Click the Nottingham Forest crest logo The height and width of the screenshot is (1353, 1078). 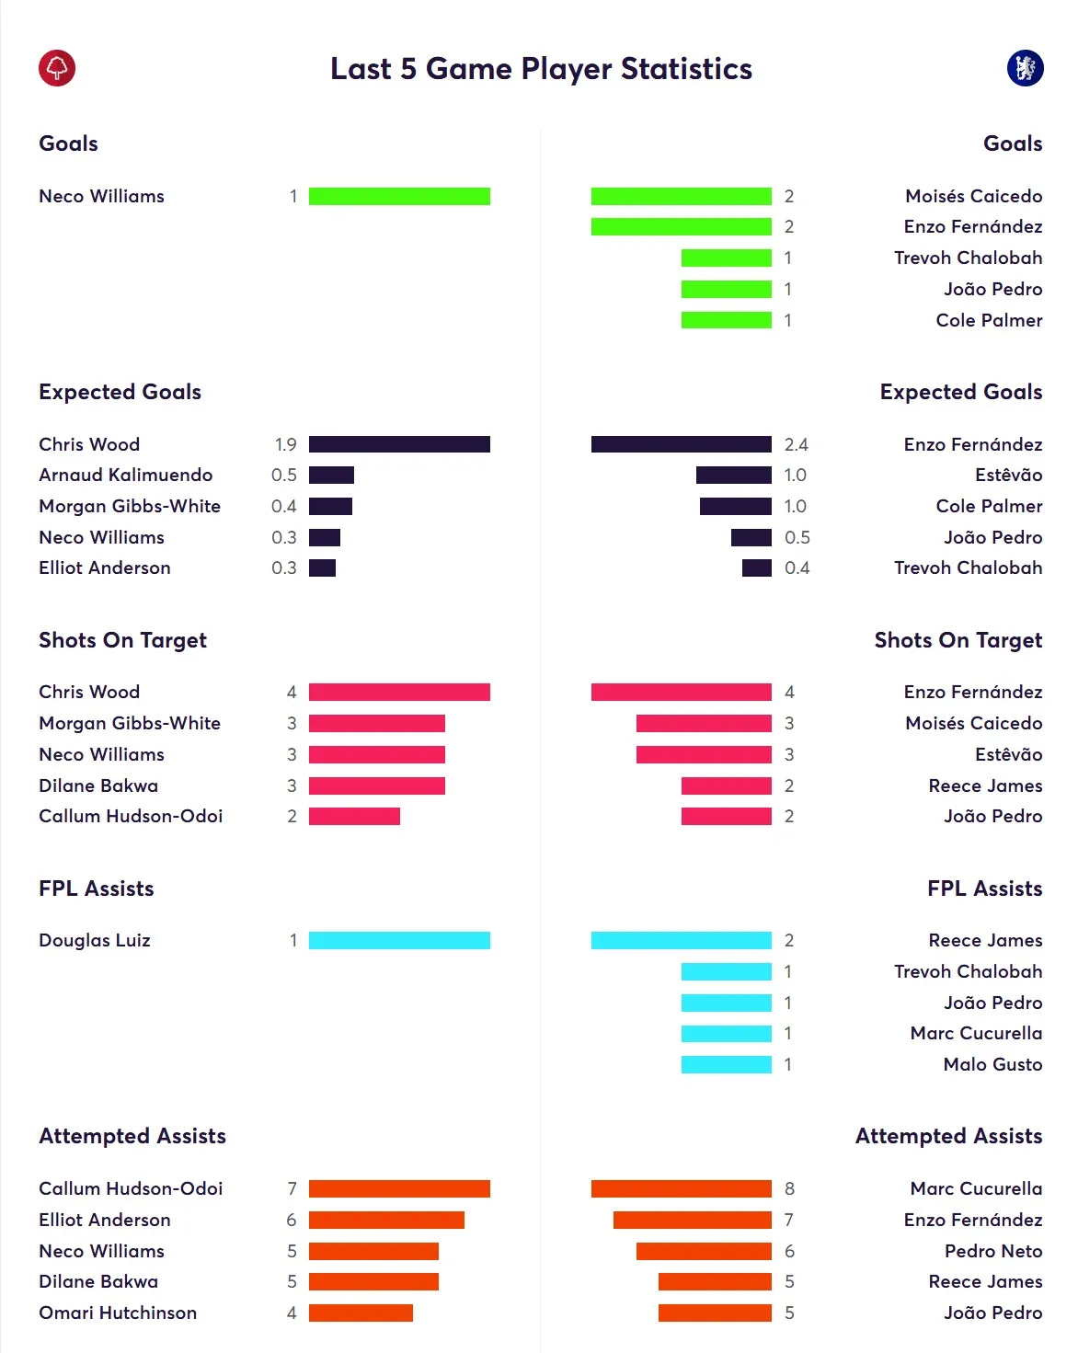pos(57,68)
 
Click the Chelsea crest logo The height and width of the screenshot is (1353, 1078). pos(1025,68)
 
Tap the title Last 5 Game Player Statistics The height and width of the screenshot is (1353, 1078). pos(541,69)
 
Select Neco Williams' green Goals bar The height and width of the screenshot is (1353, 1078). pos(399,196)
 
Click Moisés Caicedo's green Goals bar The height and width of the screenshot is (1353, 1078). pos(681,196)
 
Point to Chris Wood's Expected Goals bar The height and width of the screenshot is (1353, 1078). pos(399,444)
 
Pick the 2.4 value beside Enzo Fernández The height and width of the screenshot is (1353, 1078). pos(796,445)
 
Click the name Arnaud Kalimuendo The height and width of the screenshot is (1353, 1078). pos(126,476)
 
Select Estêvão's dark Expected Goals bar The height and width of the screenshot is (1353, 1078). pos(733,476)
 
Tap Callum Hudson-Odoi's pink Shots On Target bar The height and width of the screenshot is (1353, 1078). pos(354,817)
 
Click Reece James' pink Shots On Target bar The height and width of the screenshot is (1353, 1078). pos(726,785)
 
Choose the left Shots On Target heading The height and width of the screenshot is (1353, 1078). pos(122,640)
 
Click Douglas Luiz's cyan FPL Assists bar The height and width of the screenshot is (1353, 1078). pos(399,940)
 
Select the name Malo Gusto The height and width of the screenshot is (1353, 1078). pos(992,1064)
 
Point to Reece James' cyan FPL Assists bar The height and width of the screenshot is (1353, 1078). pos(681,940)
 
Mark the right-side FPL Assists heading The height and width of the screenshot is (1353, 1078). pos(984,889)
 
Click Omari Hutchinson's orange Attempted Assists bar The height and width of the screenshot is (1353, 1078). pos(361,1313)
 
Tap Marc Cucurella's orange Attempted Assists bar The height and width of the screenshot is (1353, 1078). pos(681,1188)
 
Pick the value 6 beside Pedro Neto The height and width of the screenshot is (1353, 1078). pos(789,1251)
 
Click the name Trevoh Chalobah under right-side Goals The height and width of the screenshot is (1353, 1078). pos(968,258)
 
